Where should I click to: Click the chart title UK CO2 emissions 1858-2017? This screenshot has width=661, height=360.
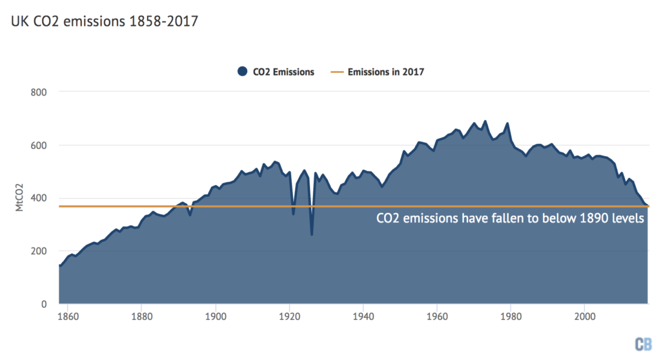[104, 21]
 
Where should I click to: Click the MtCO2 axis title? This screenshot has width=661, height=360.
[20, 197]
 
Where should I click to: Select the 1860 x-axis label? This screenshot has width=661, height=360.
[68, 317]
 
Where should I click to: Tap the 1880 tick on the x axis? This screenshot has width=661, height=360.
[141, 317]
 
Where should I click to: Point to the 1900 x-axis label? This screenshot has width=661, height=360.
[215, 317]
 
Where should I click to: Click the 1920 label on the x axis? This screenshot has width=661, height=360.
[289, 317]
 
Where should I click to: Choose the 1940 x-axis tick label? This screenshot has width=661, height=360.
[363, 317]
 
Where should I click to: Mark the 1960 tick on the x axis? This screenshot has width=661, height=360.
[437, 317]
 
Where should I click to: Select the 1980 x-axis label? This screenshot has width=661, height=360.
[511, 317]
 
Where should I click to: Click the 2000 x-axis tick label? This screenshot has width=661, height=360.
[584, 317]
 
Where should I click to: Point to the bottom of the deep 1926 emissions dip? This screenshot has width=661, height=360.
[312, 234]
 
